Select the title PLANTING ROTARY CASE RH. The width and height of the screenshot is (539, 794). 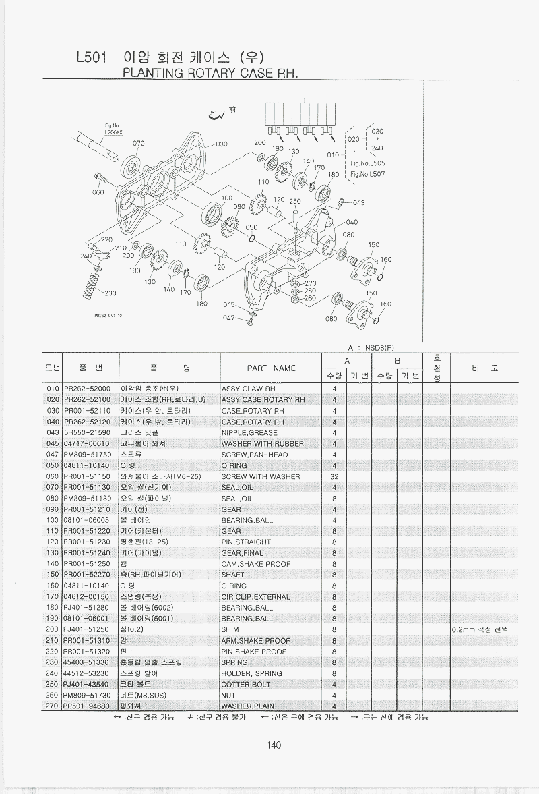(x=209, y=73)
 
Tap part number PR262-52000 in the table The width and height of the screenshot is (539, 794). (x=88, y=389)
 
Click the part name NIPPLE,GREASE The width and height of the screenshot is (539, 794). (x=249, y=432)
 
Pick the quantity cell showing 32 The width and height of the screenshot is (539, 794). (x=334, y=476)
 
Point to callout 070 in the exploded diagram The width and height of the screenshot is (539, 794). (x=138, y=143)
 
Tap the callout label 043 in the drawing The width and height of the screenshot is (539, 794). (x=358, y=202)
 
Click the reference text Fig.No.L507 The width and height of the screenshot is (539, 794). (x=368, y=174)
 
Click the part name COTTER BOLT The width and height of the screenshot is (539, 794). (x=245, y=684)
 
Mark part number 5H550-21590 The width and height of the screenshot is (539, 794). (x=88, y=432)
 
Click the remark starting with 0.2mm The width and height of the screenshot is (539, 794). (x=480, y=629)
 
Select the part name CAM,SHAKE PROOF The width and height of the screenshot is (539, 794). (x=253, y=564)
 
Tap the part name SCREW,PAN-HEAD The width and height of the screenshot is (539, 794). (x=254, y=455)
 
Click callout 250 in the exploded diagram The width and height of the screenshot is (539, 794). (x=294, y=202)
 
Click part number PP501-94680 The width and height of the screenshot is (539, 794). (x=88, y=706)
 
